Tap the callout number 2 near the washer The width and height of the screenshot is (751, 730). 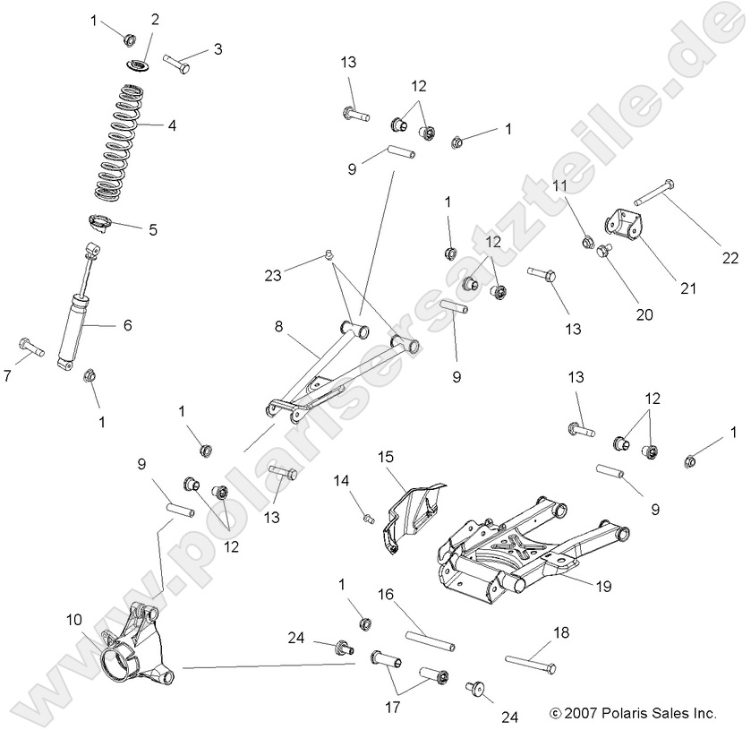coord(155,20)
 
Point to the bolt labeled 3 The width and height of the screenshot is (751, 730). coord(176,64)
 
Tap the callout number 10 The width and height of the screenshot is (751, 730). coord(74,619)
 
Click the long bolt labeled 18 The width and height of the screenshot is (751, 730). coord(531,664)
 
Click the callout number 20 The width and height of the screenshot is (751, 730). coord(644,314)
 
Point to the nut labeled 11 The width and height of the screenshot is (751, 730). coord(588,241)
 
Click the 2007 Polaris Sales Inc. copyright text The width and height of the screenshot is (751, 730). coord(633,713)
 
